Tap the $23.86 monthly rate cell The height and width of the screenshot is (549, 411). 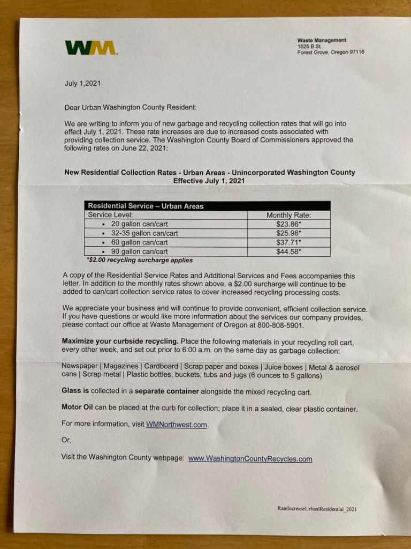coord(288,224)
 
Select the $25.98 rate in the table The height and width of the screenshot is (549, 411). coord(288,233)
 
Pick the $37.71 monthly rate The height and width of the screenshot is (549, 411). coord(288,242)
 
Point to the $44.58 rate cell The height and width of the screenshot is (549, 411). coord(288,251)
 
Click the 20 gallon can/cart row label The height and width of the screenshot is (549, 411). coord(139,224)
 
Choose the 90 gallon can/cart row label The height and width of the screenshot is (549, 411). coord(139,251)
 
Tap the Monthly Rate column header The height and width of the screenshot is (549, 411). coord(288,215)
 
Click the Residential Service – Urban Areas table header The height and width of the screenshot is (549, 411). coord(146,206)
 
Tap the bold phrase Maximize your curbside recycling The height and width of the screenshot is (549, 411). coord(120,341)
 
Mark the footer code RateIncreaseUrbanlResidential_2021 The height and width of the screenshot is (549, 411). coord(317,508)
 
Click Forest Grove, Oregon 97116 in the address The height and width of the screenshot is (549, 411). coord(331,53)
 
